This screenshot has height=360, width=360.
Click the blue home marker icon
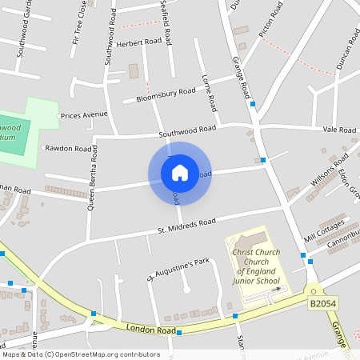pos(179,173)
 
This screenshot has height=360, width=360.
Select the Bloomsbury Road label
pos(166,94)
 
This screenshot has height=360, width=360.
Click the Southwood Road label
pos(187,130)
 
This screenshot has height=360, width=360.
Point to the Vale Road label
pos(339,130)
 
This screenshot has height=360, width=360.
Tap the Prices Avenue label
pos(84,114)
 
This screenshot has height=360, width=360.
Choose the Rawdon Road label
pos(69,148)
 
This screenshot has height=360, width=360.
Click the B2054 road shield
pos(323,304)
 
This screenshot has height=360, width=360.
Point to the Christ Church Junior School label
pos(256,266)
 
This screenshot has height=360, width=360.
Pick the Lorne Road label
pos(210,92)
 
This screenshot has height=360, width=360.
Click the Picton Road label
pos(272,20)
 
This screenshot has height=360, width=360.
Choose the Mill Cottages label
pos(324,230)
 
